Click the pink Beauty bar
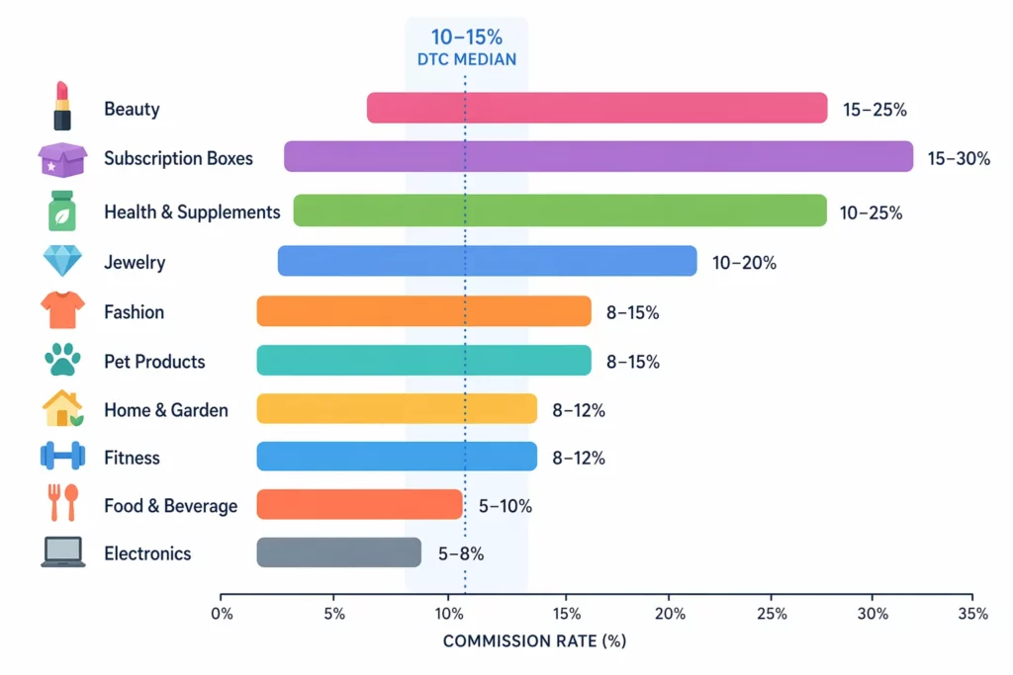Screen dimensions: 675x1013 click(x=597, y=108)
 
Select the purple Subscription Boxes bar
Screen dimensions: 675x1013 click(x=598, y=157)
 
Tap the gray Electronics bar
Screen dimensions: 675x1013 click(x=338, y=552)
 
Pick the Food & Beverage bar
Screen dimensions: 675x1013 click(x=359, y=504)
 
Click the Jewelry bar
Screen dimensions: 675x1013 click(x=487, y=261)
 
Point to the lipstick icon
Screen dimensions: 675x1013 click(x=61, y=108)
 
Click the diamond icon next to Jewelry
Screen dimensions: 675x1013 click(x=61, y=262)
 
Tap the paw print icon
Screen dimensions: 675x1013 click(x=61, y=361)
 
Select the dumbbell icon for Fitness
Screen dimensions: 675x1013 click(x=61, y=457)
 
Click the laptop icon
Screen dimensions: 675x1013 click(x=61, y=553)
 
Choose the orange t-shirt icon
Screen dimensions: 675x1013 click(x=61, y=311)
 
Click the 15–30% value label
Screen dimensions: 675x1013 click(x=959, y=158)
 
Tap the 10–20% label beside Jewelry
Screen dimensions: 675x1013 click(x=744, y=263)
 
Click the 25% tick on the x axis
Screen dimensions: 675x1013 click(x=772, y=615)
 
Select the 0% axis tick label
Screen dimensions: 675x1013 click(x=222, y=615)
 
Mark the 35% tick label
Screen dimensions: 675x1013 click(x=972, y=615)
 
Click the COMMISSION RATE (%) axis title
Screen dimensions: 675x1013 click(x=534, y=642)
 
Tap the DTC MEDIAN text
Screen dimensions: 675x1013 click(x=466, y=59)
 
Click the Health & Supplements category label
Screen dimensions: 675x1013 click(x=192, y=211)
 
